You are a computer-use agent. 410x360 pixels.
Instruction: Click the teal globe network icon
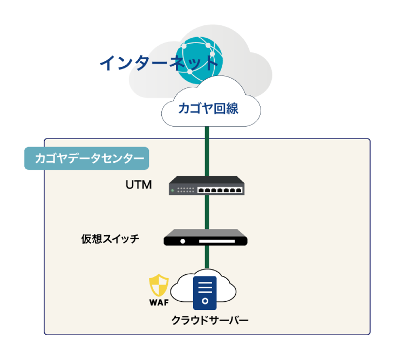pyautogui.click(x=201, y=58)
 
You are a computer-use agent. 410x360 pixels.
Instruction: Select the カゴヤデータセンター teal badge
pyautogui.click(x=86, y=158)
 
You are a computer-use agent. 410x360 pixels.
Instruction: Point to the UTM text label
pyautogui.click(x=138, y=186)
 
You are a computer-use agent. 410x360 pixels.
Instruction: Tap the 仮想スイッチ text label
pyautogui.click(x=110, y=238)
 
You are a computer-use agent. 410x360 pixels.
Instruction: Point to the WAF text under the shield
pyautogui.click(x=159, y=302)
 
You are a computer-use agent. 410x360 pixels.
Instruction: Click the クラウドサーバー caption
pyautogui.click(x=210, y=320)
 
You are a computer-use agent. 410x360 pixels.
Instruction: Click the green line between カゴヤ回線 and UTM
pyautogui.click(x=206, y=151)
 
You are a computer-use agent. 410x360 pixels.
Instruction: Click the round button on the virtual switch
pyautogui.click(x=183, y=241)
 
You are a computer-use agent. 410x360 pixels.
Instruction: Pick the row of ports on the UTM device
pyautogui.click(x=220, y=190)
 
